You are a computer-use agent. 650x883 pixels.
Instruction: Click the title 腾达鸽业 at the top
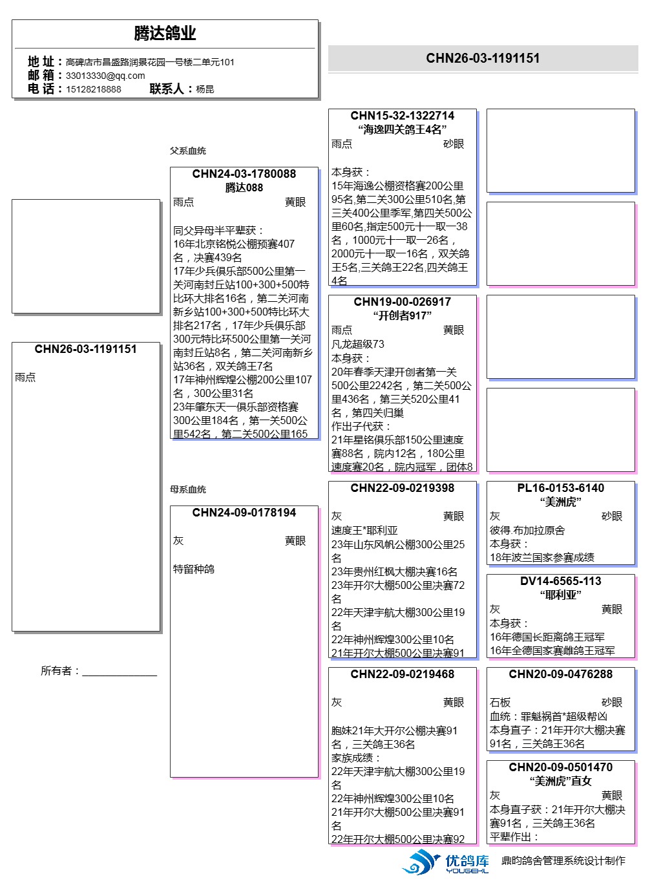tap(165, 33)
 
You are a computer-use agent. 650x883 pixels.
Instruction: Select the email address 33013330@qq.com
tap(105, 76)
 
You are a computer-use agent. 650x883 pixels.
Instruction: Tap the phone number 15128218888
tap(94, 89)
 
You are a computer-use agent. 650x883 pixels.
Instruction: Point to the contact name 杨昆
tap(205, 89)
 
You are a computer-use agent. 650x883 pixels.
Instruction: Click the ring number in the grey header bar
tap(483, 58)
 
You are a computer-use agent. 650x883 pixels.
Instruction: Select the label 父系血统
tap(188, 151)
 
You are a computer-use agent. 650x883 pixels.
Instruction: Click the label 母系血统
tap(188, 489)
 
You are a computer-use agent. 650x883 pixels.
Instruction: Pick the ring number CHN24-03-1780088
tap(244, 174)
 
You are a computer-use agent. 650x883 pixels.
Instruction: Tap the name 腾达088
tap(244, 187)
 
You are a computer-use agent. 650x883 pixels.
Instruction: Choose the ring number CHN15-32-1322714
tap(403, 116)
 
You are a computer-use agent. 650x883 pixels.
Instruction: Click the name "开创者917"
tap(403, 315)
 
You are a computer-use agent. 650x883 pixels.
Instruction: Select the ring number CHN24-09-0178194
tap(244, 513)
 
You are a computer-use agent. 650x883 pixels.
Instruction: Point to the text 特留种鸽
tap(194, 569)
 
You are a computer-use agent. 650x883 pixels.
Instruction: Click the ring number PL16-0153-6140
tap(561, 488)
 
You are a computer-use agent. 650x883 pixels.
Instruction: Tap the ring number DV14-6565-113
tap(561, 581)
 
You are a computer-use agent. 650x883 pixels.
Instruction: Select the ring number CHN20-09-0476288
tap(561, 674)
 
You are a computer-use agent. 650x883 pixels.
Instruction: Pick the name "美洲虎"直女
tap(561, 781)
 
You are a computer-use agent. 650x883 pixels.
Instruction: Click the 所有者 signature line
tap(120, 672)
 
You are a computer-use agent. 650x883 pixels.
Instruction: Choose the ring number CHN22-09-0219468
tap(403, 674)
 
